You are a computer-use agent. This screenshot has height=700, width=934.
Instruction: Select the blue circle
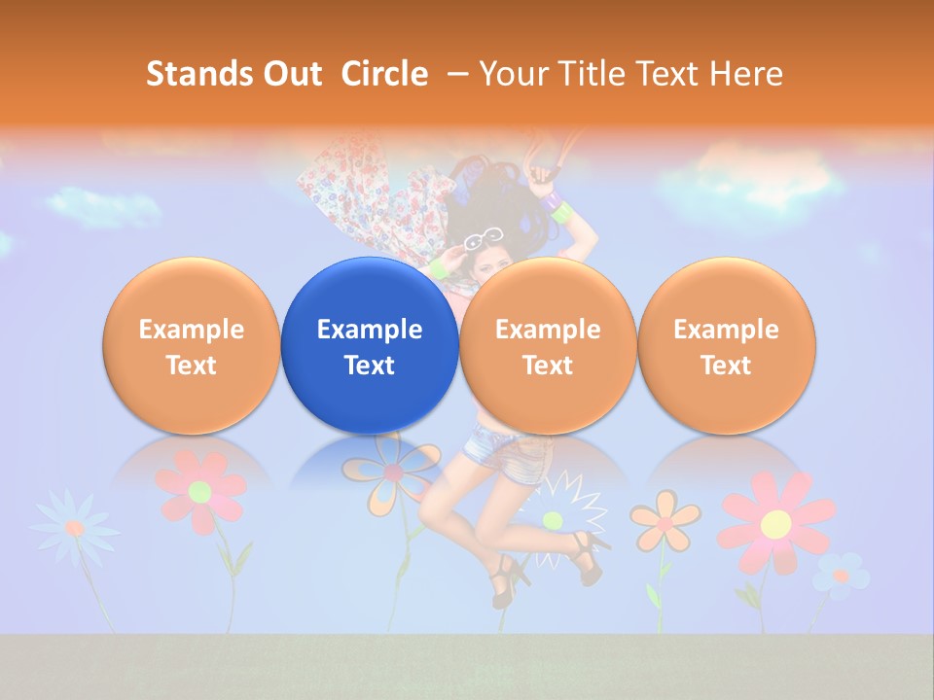(x=370, y=345)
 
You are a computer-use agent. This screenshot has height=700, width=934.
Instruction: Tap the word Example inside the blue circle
(x=370, y=330)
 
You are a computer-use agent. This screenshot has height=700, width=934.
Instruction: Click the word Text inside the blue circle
(x=370, y=366)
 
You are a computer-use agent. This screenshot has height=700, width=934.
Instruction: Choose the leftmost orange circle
(x=192, y=345)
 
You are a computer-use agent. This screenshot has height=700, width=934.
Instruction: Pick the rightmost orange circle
(x=727, y=345)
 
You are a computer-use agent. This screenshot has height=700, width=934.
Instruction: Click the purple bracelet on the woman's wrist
(x=553, y=203)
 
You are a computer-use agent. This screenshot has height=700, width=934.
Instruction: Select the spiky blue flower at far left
(x=74, y=527)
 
